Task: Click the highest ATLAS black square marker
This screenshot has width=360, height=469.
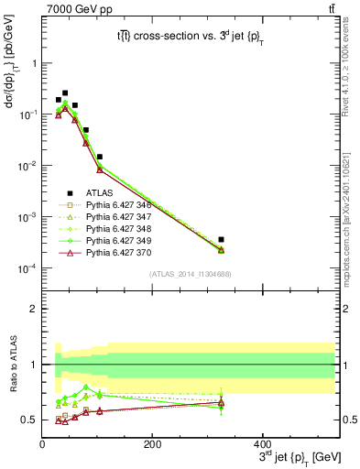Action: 64,93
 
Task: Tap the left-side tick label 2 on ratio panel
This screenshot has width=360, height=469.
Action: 33,310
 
